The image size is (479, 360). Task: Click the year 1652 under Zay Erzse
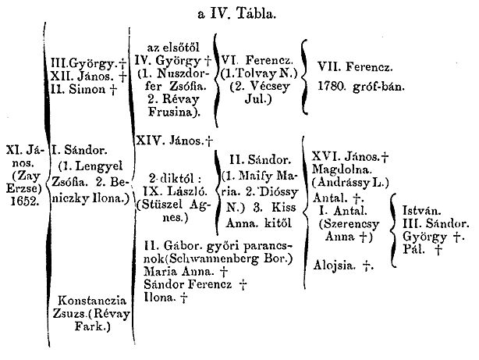(x=25, y=201)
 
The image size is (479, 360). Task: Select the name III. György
(x=84, y=64)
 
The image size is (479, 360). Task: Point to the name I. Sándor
(x=79, y=150)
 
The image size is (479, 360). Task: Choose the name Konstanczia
(x=92, y=301)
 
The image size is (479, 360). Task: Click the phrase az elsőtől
(x=173, y=48)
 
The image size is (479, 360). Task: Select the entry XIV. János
(x=170, y=141)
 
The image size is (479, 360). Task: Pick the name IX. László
(x=176, y=191)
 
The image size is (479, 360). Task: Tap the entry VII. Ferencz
(x=355, y=66)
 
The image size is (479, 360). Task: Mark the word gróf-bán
(x=379, y=87)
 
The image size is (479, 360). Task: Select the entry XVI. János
(x=346, y=157)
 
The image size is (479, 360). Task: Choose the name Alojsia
(x=335, y=266)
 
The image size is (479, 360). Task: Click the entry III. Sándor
(x=436, y=224)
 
